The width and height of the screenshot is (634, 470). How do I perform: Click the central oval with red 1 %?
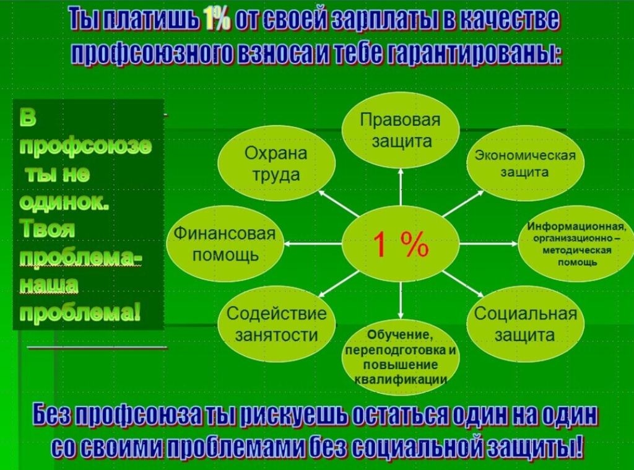[401, 244]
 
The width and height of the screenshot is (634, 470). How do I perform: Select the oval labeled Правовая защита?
[401, 130]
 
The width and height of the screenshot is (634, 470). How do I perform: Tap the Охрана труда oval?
[277, 163]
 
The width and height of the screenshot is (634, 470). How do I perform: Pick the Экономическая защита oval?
[525, 163]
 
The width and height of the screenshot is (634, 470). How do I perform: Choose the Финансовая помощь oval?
[225, 244]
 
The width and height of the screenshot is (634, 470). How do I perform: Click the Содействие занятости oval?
[277, 324]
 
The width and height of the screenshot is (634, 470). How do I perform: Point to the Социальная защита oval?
[525, 324]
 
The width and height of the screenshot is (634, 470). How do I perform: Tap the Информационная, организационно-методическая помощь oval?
[576, 244]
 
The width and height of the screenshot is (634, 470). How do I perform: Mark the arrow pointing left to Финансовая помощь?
[313, 244]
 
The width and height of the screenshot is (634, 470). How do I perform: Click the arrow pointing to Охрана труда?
[339, 204]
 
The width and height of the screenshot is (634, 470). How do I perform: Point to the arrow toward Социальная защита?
[462, 284]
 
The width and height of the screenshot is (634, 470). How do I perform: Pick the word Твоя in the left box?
[47, 229]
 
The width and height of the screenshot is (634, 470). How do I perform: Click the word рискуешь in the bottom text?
[293, 415]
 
